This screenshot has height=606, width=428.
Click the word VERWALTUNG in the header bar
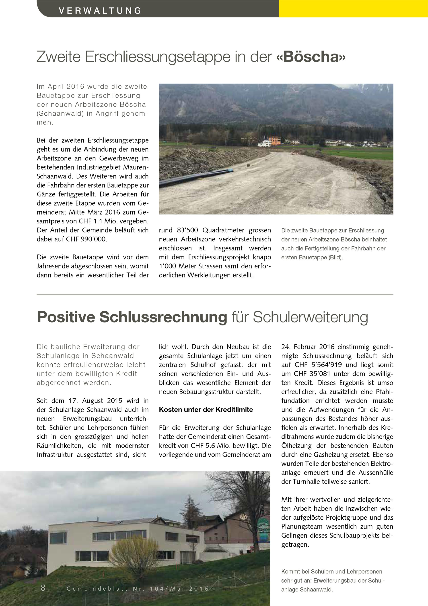click(x=100, y=10)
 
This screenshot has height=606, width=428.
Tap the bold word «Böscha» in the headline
click(x=311, y=57)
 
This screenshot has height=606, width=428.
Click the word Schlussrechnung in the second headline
click(x=163, y=317)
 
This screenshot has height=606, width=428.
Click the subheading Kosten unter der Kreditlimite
click(x=206, y=410)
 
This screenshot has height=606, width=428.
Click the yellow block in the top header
click(x=353, y=8)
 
